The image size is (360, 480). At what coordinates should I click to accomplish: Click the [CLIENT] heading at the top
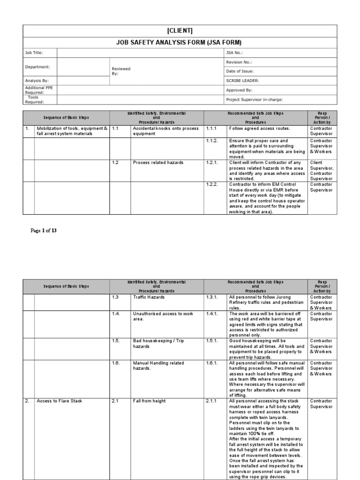tap(180, 31)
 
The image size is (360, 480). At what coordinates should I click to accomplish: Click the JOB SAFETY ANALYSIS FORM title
tap(180, 42)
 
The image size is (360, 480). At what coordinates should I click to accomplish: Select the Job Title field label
tap(33, 53)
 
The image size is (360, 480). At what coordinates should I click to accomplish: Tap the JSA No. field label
tap(234, 53)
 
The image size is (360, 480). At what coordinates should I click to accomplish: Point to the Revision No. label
tap(239, 62)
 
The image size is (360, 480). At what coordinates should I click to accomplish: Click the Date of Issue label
tap(240, 71)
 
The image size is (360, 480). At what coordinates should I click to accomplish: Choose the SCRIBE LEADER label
tap(242, 81)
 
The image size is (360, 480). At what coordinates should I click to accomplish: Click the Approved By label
tap(239, 90)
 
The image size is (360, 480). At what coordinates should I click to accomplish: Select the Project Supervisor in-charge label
tap(254, 99)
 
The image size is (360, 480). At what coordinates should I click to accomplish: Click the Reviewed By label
tap(121, 71)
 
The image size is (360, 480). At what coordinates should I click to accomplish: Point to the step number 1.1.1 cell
tap(212, 128)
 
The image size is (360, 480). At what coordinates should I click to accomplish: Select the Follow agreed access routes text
tap(260, 128)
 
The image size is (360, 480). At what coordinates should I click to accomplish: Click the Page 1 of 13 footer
tap(44, 231)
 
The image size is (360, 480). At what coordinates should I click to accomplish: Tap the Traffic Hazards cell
tap(149, 297)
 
